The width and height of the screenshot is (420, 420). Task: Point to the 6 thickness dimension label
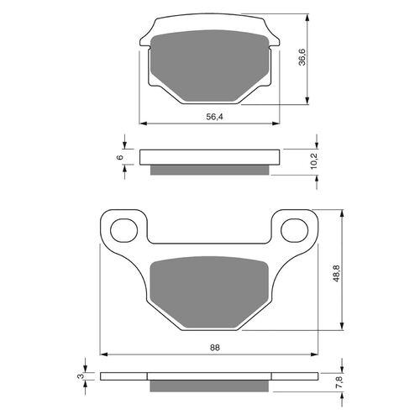coord(121,157)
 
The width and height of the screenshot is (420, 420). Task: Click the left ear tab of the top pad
coord(146,38)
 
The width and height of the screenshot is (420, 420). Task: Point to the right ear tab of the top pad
coord(276,38)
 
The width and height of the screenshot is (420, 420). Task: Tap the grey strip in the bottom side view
coord(210,386)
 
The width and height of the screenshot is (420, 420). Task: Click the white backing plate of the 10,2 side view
coord(210,157)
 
